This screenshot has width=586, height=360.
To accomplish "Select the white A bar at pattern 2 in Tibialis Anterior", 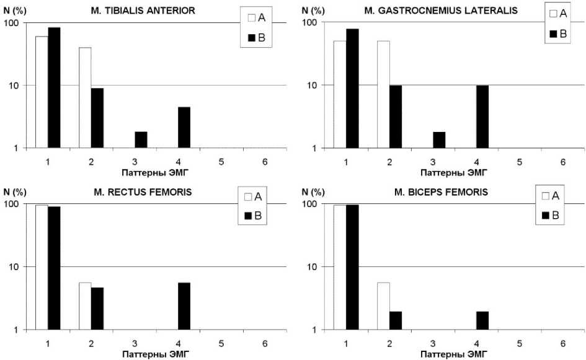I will tap(85, 97).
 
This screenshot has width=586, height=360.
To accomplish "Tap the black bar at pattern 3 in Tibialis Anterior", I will tap(141, 139).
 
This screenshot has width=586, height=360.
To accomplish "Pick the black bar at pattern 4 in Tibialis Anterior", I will tap(184, 127).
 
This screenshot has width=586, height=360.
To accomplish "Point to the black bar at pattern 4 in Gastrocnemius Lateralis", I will tap(482, 116).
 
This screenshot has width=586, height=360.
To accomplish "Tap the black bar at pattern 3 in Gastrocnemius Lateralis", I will tap(439, 139).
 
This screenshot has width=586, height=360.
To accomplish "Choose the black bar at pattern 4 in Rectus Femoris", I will tap(184, 305).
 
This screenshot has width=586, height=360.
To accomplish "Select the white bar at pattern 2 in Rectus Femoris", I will tap(85, 305).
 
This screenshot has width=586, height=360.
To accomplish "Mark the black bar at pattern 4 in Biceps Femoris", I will tap(482, 320).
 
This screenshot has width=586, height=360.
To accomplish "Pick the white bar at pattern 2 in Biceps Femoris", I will tap(383, 305).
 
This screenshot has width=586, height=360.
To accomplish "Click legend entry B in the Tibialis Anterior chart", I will tap(256, 38).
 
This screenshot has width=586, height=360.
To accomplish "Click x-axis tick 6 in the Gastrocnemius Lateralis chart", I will tap(562, 162).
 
